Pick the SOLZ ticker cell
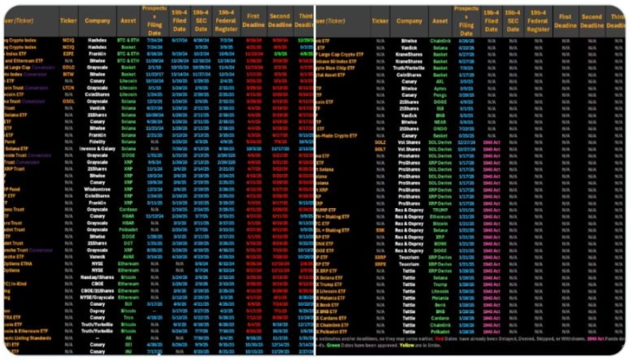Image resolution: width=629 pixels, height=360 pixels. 380,141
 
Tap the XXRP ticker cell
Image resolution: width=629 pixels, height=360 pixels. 380,257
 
